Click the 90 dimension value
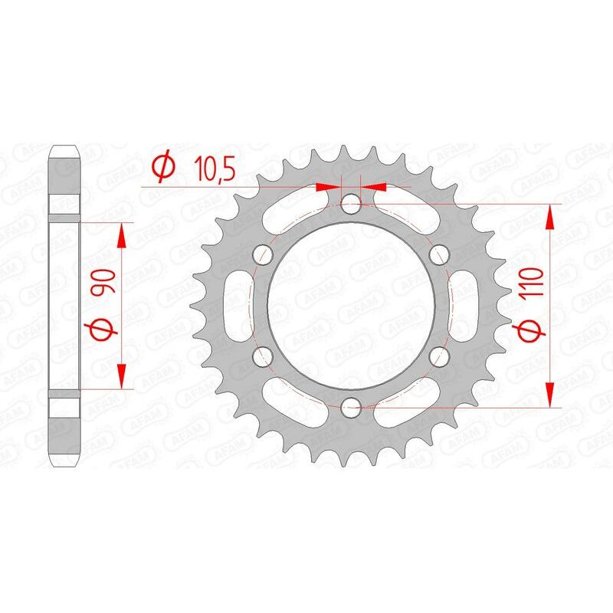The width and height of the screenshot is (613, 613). coord(103,283)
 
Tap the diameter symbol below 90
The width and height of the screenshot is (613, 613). coord(104,331)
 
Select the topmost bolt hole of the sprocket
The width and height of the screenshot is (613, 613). coord(352,204)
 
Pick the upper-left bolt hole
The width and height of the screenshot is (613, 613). coord(264,254)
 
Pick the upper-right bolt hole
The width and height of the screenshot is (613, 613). coord(439,254)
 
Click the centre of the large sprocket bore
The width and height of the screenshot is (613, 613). coord(352,304)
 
